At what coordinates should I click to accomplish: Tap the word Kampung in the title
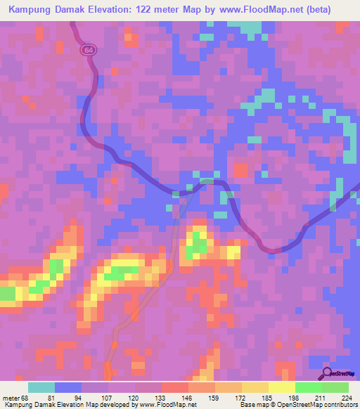30,9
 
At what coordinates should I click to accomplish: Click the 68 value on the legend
28,398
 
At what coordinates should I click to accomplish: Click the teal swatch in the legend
41,387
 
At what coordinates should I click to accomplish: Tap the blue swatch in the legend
68,387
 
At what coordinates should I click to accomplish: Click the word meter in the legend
11,398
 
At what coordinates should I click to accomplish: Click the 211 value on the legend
321,398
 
